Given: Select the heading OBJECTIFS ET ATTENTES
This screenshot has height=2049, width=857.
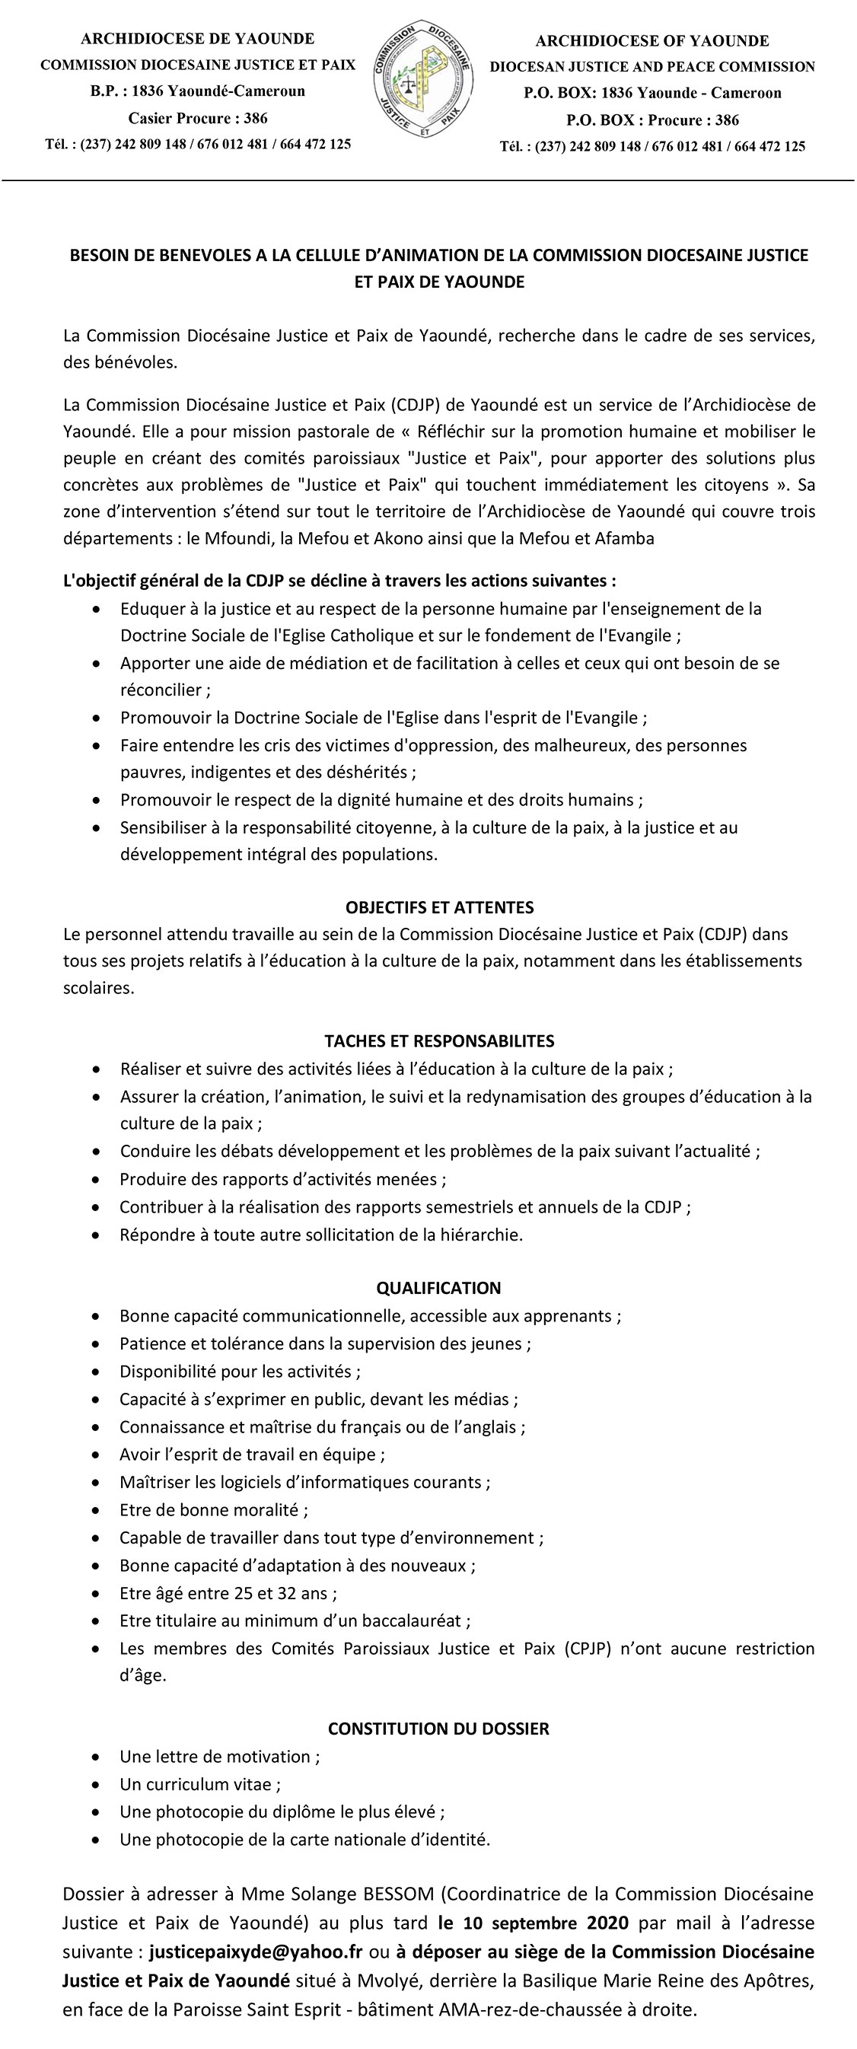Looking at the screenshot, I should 439,907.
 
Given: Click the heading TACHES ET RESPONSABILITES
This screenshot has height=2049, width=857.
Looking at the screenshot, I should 439,1041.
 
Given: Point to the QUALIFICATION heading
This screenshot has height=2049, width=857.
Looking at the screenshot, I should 438,1288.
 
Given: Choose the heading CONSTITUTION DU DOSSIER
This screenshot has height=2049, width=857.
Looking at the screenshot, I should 438,1729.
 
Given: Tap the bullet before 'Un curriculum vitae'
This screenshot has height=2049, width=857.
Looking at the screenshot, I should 97,1785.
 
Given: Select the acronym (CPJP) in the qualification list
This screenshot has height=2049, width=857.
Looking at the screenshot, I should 588,1649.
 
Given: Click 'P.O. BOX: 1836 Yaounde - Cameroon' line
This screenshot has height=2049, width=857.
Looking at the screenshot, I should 652,93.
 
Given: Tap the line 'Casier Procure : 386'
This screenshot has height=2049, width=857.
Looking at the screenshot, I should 197,119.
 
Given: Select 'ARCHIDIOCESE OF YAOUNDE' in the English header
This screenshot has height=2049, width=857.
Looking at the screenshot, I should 652,40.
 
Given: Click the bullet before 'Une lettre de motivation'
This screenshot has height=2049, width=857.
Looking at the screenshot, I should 97,1757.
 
